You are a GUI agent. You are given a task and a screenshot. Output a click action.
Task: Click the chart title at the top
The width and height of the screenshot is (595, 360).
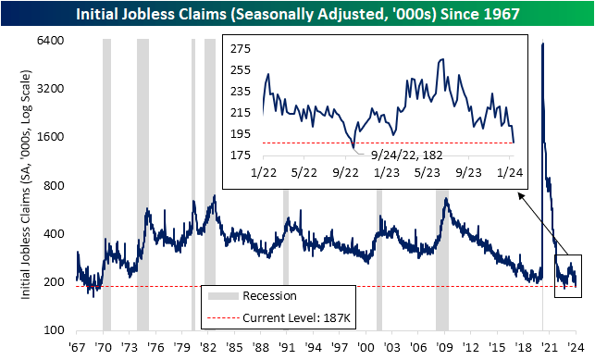[297, 13]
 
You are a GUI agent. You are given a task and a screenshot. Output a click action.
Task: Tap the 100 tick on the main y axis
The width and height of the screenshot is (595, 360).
[54, 330]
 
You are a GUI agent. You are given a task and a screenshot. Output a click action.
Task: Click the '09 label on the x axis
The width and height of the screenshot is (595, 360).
[446, 346]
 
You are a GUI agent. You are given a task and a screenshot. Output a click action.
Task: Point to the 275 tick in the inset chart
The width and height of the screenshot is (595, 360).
[242, 48]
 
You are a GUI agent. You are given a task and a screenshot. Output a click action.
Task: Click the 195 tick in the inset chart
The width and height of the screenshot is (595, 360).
[242, 134]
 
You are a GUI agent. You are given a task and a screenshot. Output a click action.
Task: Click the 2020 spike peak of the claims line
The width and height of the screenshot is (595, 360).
[542, 44]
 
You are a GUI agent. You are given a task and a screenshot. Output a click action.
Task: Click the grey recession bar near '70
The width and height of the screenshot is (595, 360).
[106, 185]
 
